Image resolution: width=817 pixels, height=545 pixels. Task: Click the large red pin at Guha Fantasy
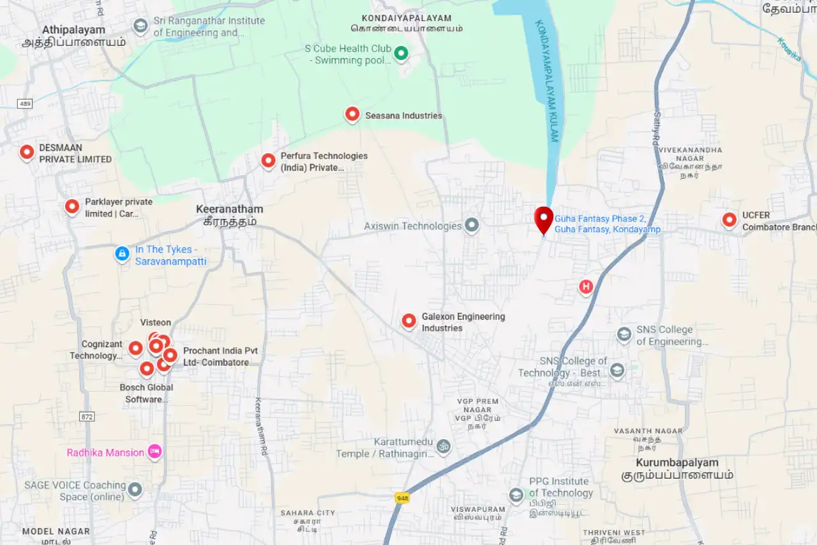point(544,219)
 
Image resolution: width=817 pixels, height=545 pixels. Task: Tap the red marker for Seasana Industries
point(352,114)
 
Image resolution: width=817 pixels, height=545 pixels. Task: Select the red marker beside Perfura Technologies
point(269,161)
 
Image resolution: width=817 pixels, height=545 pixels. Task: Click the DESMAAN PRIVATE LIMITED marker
point(27,152)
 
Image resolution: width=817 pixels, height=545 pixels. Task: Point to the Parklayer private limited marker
point(72,206)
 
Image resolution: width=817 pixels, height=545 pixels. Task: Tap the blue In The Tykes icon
point(122,253)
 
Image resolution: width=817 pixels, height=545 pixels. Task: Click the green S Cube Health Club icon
point(401,54)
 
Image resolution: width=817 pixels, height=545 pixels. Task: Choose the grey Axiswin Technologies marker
point(472,225)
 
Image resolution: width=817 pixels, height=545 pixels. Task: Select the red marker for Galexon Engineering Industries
point(409,321)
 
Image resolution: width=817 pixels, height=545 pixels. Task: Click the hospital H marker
point(586,287)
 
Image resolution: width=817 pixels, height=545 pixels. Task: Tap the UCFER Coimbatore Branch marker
point(730,220)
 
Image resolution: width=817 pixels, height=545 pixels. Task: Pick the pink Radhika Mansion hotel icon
point(154,452)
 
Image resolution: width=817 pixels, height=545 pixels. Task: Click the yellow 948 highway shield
point(401,498)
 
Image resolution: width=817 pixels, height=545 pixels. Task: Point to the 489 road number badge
point(25,103)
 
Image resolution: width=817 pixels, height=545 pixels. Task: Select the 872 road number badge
point(87,416)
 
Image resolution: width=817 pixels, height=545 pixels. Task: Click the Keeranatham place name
point(229,209)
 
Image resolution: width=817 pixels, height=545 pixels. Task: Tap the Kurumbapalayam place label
point(677,463)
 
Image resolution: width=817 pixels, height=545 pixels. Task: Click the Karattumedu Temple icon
point(444,447)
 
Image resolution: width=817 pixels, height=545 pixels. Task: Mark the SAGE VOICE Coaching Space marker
point(135,490)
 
